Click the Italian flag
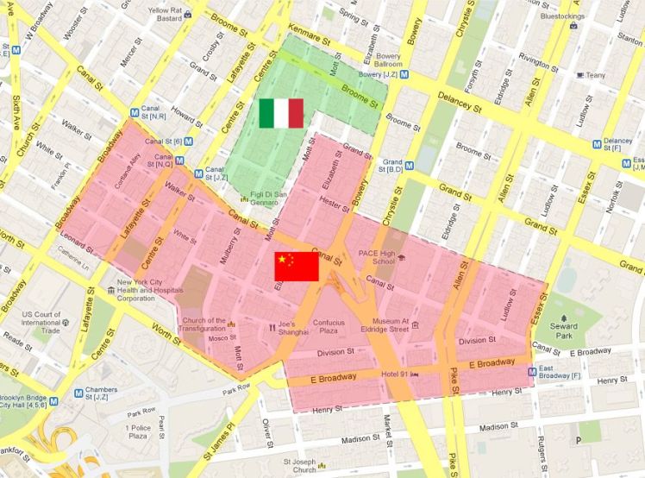click(280, 113)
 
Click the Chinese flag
click(296, 267)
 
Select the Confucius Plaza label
click(329, 325)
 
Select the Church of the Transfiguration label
click(204, 325)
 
